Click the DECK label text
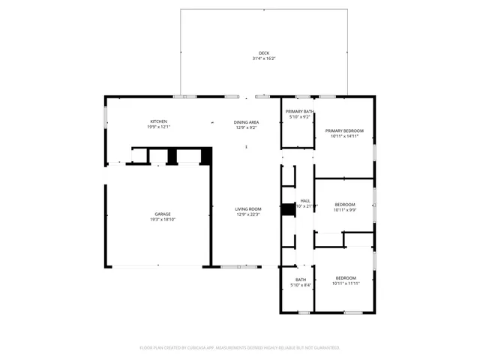264,52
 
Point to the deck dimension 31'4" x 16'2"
264,58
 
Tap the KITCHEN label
158,121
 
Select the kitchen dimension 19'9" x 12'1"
158,127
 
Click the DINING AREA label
247,121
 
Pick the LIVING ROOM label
248,208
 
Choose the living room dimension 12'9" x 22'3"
248,214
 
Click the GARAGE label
163,214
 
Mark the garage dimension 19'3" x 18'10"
163,219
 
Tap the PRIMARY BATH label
300,112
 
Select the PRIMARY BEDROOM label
345,130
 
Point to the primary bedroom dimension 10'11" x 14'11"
345,136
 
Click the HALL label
305,200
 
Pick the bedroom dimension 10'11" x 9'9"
345,210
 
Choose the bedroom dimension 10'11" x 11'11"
346,283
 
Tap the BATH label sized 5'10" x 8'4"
300,280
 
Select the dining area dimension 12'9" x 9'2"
247,127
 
